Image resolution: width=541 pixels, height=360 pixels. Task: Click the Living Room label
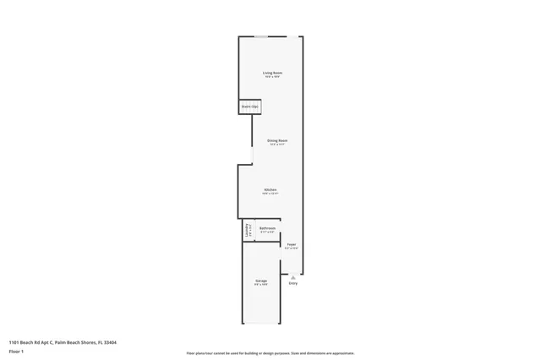pyautogui.click(x=270, y=73)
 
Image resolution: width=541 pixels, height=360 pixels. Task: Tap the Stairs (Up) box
pyautogui.click(x=249, y=106)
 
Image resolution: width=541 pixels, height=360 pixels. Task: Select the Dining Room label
pyautogui.click(x=277, y=140)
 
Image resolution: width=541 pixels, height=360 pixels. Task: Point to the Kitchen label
pyautogui.click(x=270, y=189)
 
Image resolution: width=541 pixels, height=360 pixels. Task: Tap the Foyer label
pyautogui.click(x=291, y=244)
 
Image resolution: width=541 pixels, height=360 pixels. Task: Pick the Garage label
pyautogui.click(x=261, y=280)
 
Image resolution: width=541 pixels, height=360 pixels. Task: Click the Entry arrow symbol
pyautogui.click(x=292, y=276)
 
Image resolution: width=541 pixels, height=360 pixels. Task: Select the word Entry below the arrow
pyautogui.click(x=292, y=283)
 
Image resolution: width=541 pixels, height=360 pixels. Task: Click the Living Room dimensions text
pyautogui.click(x=270, y=77)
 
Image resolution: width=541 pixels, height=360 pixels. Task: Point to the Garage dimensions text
pyautogui.click(x=261, y=284)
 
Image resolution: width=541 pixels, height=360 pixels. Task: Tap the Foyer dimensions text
pyautogui.click(x=291, y=248)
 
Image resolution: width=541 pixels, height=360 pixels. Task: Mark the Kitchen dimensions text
pyautogui.click(x=270, y=194)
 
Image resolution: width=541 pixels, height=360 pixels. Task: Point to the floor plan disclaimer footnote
pyautogui.click(x=270, y=353)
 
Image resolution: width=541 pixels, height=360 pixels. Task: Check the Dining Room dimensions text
pyautogui.click(x=277, y=145)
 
